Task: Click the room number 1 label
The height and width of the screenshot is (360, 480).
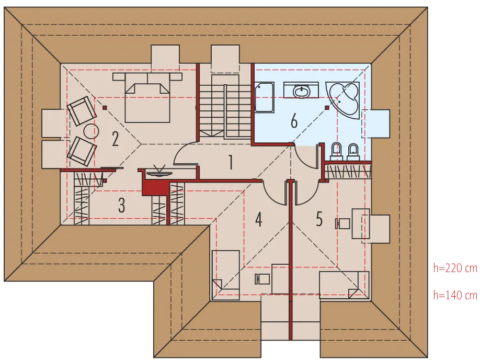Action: click(x=231, y=162)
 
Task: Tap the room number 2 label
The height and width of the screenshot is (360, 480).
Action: click(x=115, y=139)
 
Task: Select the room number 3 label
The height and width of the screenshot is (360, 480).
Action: click(x=121, y=205)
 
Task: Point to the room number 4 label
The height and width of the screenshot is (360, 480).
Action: click(x=259, y=219)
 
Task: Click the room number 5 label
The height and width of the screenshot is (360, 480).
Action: click(x=319, y=219)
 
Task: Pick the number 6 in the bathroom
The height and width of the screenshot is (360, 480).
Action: click(x=294, y=120)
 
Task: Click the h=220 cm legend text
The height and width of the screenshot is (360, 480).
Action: click(x=455, y=268)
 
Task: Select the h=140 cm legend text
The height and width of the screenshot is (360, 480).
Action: click(x=455, y=295)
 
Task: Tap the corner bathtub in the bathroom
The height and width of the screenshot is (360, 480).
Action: click(x=343, y=99)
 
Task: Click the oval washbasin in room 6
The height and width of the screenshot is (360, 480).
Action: click(x=302, y=91)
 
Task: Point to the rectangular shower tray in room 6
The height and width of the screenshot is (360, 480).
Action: click(x=264, y=97)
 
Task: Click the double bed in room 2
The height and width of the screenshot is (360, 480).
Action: click(x=147, y=97)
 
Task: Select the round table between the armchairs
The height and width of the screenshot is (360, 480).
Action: click(x=91, y=132)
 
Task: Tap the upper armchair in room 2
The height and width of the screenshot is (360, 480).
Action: click(x=82, y=110)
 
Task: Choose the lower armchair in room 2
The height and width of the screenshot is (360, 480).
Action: click(x=82, y=151)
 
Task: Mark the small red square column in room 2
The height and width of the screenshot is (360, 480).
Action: click(x=105, y=108)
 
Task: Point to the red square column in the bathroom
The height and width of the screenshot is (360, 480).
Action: click(x=327, y=108)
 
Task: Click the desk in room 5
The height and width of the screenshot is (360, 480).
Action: click(x=361, y=223)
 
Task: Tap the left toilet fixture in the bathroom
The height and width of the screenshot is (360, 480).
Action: click(x=336, y=151)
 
